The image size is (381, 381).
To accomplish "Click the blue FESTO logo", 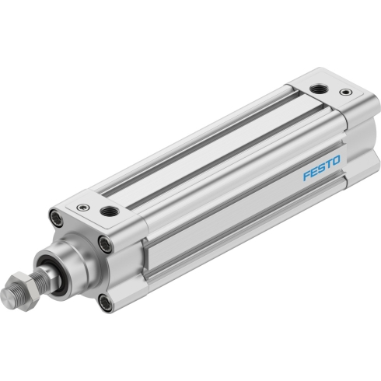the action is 321,168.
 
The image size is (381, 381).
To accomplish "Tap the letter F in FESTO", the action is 307,176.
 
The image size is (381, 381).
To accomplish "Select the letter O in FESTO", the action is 335,161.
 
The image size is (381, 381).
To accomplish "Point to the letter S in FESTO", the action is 321,168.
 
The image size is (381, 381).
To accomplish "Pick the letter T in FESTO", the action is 328,165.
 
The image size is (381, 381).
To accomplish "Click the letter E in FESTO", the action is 314,172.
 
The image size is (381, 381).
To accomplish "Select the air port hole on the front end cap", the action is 110,211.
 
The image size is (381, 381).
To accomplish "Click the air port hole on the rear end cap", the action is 320,89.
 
